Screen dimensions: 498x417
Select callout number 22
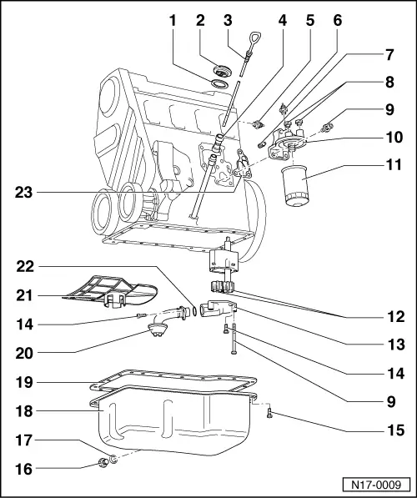coord(28,266)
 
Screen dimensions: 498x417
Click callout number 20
coord(28,352)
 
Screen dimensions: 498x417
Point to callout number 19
coord(28,383)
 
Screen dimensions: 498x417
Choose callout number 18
coord(28,410)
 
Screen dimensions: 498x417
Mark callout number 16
coord(28,470)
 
